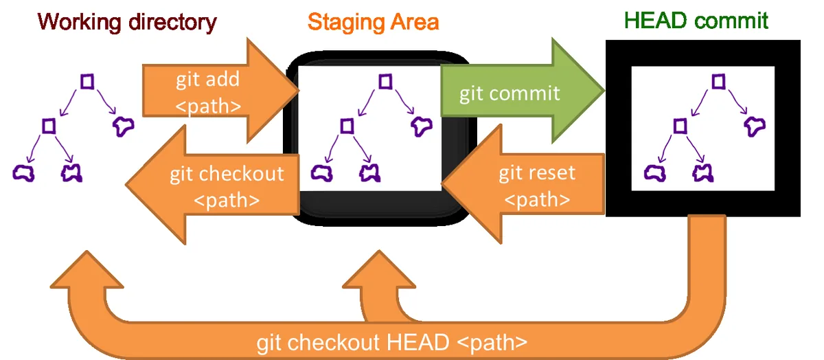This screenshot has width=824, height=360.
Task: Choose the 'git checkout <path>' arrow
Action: [220, 185]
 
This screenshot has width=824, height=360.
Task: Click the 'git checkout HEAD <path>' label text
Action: [392, 342]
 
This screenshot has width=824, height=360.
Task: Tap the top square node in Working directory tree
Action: [87, 81]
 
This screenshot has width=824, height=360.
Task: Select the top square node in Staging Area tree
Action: [386, 81]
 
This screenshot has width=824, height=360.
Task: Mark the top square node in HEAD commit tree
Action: [718, 81]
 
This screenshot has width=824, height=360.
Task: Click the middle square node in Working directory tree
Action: [48, 125]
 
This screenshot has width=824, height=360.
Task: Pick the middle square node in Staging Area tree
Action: [347, 125]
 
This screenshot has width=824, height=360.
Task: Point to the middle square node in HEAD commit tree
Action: [680, 125]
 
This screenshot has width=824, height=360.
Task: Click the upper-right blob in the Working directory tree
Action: [124, 125]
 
